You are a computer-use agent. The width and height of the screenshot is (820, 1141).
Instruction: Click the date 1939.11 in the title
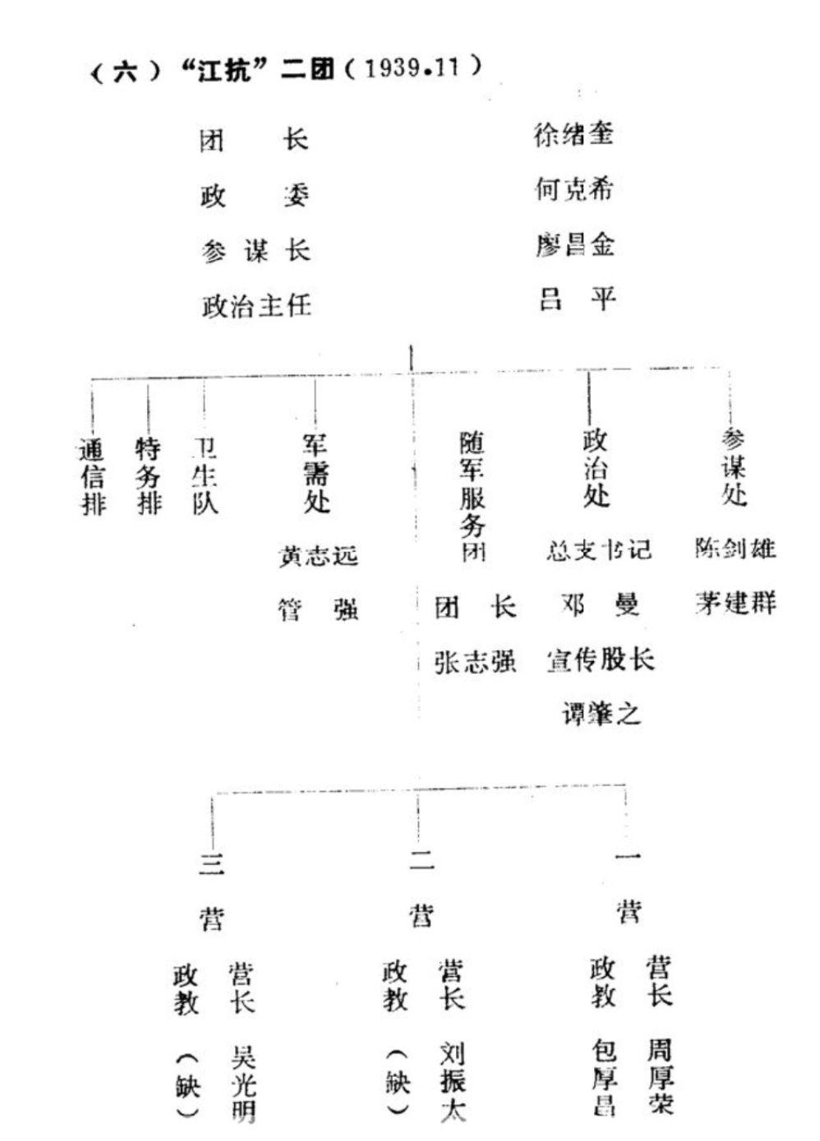pyautogui.click(x=410, y=68)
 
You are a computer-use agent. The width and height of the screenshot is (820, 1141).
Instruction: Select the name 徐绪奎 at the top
pyautogui.click(x=574, y=134)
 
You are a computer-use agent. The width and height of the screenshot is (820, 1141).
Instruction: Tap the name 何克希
pyautogui.click(x=574, y=190)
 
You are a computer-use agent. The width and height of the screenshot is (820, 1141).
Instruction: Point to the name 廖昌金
pyautogui.click(x=574, y=245)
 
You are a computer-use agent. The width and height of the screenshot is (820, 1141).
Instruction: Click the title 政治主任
pyautogui.click(x=256, y=306)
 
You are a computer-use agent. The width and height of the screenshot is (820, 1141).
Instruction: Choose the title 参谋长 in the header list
pyautogui.click(x=256, y=250)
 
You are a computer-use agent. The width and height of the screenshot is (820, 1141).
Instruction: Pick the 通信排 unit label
pyautogui.click(x=93, y=477)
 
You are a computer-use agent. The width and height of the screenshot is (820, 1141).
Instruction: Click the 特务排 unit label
pyautogui.click(x=149, y=476)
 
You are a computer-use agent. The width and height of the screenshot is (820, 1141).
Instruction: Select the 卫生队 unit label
pyautogui.click(x=205, y=476)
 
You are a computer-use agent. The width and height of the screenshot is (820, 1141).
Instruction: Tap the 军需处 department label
pyautogui.click(x=316, y=474)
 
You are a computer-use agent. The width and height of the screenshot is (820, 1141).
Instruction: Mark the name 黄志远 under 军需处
pyautogui.click(x=318, y=557)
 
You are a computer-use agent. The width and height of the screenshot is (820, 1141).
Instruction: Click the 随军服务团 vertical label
pyautogui.click(x=473, y=497)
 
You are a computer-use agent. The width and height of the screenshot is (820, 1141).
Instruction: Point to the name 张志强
pyautogui.click(x=475, y=662)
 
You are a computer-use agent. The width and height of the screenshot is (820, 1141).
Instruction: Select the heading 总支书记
pyautogui.click(x=599, y=550)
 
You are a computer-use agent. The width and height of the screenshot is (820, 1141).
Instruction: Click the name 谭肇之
pyautogui.click(x=601, y=714)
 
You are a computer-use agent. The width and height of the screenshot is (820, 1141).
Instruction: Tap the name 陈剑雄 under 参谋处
pyautogui.click(x=735, y=548)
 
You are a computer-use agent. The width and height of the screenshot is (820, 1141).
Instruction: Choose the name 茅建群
pyautogui.click(x=735, y=604)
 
